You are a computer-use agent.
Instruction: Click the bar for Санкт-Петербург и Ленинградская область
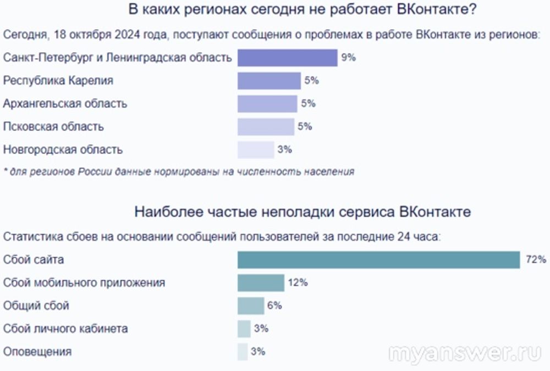click(x=287, y=58)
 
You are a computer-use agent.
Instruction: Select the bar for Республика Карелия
click(x=269, y=81)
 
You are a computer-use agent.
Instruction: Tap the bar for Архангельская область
click(x=267, y=103)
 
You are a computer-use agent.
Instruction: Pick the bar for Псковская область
click(x=266, y=127)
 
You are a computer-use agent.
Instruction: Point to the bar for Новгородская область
click(x=256, y=150)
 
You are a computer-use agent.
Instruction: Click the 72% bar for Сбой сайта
click(x=378, y=260)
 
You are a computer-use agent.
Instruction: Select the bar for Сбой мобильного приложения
click(x=261, y=283)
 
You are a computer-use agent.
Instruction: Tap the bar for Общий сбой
click(x=251, y=305)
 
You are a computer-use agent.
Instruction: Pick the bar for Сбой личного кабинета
click(x=244, y=329)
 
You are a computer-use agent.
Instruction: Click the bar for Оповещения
click(x=243, y=352)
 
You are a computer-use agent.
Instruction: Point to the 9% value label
click(x=348, y=57)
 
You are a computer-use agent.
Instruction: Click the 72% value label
click(x=535, y=260)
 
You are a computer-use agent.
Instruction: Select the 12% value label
click(x=298, y=283)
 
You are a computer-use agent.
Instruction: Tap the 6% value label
click(x=274, y=305)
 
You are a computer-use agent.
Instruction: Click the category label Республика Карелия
click(x=58, y=81)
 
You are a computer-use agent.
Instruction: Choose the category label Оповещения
click(x=37, y=352)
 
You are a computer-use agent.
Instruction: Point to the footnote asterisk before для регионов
click(x=5, y=171)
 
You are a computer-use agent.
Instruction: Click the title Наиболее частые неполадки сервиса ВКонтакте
click(x=302, y=212)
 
